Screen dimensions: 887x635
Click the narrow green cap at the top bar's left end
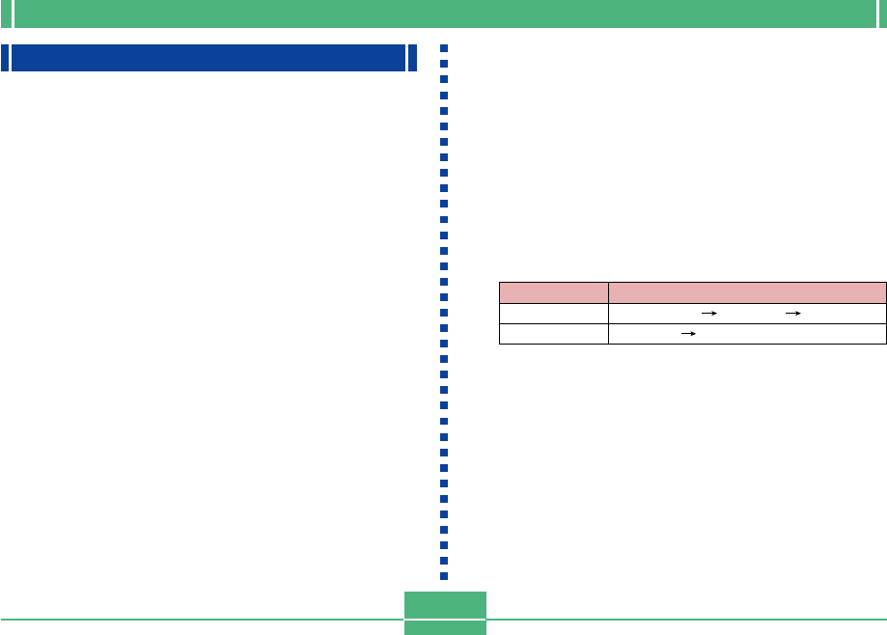click(x=6, y=14)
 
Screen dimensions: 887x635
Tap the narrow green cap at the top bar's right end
click(x=880, y=14)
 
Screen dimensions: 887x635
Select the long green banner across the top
click(x=443, y=14)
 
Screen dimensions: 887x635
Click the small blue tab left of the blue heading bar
click(x=5, y=58)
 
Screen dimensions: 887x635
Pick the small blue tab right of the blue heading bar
click(x=413, y=58)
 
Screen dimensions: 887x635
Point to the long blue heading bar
click(x=208, y=58)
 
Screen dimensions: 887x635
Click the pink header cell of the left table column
click(x=553, y=291)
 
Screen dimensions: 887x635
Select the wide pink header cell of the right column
click(x=747, y=291)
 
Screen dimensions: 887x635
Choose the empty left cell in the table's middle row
click(x=553, y=313)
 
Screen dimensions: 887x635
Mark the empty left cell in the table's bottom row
click(x=553, y=334)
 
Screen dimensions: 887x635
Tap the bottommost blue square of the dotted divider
click(x=444, y=576)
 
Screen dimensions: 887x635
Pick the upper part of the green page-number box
click(x=445, y=605)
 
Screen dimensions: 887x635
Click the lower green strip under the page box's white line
click(x=445, y=628)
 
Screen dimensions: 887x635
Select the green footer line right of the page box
click(x=686, y=620)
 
